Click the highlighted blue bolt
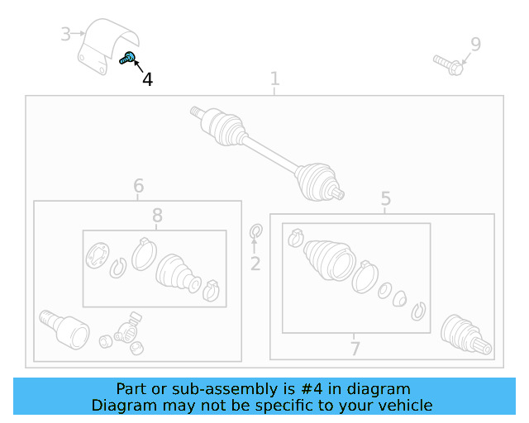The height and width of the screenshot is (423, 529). tap(127, 58)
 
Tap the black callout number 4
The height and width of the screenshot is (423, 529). tap(147, 80)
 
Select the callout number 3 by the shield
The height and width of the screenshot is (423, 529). tap(66, 34)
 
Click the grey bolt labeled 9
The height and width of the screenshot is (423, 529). tap(448, 65)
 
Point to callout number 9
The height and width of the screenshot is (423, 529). tap(476, 44)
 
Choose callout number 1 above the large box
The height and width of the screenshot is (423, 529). tap(275, 78)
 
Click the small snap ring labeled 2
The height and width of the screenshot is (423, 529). tap(256, 231)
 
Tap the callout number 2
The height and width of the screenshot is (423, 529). tap(255, 264)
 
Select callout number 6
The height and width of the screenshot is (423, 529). tap(139, 186)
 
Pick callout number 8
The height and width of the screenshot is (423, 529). tap(157, 215)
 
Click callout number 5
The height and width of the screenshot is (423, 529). tap(386, 198)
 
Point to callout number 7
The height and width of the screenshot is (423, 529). tap(355, 349)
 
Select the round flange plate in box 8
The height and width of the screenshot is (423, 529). tap(98, 255)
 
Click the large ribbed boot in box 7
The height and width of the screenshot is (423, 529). tap(330, 260)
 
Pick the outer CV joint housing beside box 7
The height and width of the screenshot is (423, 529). tap(466, 335)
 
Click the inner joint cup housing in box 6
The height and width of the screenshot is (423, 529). tap(64, 329)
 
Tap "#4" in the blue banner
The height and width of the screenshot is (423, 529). tap(312, 389)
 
